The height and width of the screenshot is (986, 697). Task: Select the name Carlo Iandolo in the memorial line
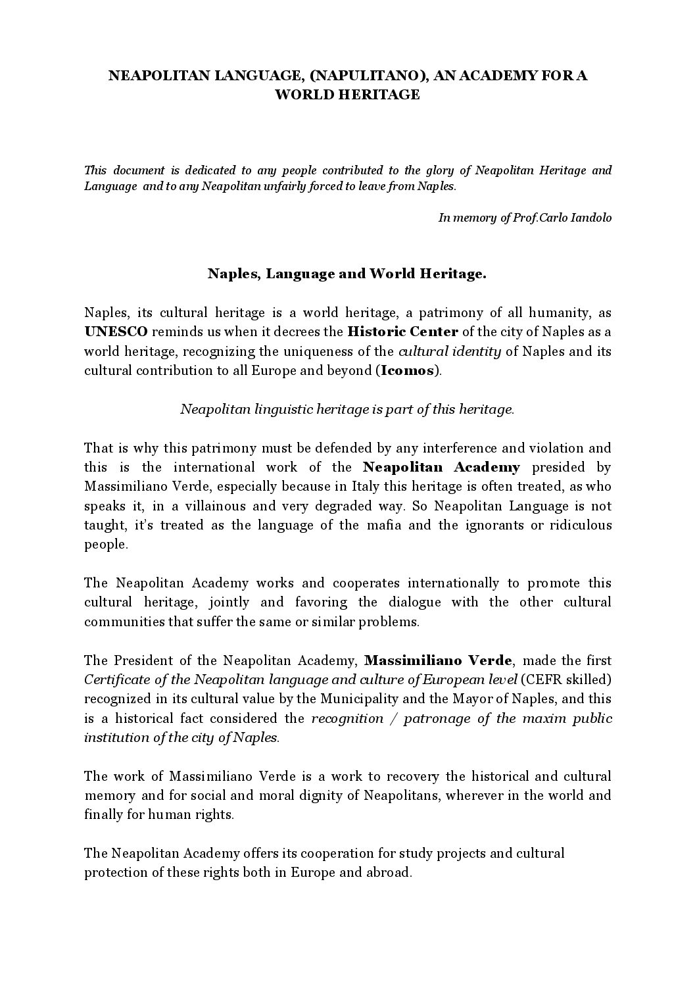(579, 218)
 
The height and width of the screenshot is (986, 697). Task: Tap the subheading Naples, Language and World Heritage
(347, 274)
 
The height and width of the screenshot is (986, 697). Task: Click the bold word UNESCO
(116, 332)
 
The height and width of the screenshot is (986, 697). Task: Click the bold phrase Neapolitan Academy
(441, 467)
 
